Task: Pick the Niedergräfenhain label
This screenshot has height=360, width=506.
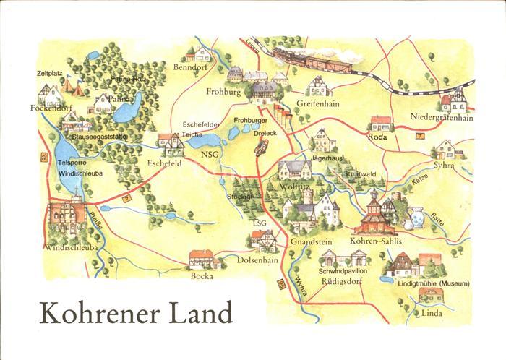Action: point(441,119)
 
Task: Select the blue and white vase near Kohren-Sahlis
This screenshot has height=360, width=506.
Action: point(416,217)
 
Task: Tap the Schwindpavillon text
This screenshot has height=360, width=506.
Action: point(344,271)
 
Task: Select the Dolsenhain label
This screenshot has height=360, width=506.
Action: point(259,258)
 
